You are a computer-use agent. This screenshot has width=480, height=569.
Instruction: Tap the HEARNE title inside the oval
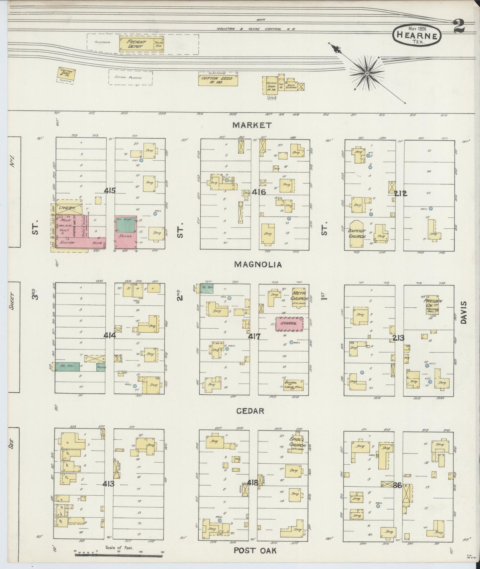(417, 36)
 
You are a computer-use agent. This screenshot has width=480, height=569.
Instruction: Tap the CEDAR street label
(250, 411)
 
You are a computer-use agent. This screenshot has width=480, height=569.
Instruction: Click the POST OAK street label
(255, 550)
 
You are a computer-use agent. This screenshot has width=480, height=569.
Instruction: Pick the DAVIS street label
(464, 313)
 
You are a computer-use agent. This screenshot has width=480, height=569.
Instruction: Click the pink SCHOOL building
(289, 324)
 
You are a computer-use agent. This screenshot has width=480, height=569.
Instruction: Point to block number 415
(110, 191)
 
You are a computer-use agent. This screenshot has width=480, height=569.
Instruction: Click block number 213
(398, 338)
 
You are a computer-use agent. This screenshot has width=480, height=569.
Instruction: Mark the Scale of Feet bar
(119, 554)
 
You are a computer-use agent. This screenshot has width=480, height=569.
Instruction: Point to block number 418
(253, 483)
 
